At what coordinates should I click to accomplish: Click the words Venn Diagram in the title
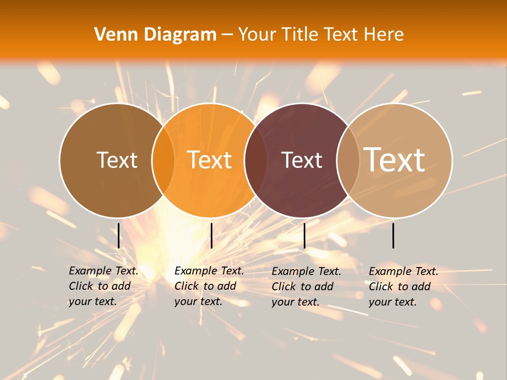[x=155, y=35]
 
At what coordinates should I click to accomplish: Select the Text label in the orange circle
[x=210, y=159]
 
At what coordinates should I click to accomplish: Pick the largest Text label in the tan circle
[x=395, y=159]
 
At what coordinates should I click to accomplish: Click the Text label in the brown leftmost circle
[x=117, y=160]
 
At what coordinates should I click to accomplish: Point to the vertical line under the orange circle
[x=211, y=235]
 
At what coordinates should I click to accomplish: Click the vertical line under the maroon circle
[x=304, y=235]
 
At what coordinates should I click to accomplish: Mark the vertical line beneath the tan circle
[x=393, y=235]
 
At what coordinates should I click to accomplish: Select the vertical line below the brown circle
[x=118, y=235]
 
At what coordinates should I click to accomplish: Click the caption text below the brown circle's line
[x=104, y=286]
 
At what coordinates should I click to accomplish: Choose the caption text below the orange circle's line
[x=209, y=286]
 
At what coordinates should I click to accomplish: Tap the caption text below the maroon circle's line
[x=306, y=287]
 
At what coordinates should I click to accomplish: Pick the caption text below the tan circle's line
[x=403, y=287]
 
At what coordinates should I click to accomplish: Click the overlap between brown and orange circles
[x=163, y=160]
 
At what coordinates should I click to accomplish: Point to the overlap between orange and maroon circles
[x=256, y=160]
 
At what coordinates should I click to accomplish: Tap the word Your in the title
[x=257, y=35]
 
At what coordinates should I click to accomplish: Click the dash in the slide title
[x=227, y=35]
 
